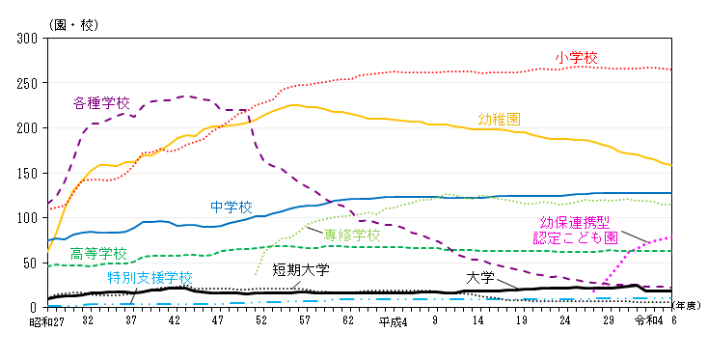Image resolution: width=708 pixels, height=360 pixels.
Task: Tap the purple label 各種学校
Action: click(101, 101)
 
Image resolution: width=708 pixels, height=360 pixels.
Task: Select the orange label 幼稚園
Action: click(500, 119)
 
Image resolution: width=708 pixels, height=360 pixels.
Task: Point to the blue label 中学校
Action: click(231, 207)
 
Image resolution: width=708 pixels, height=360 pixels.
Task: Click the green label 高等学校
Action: click(98, 254)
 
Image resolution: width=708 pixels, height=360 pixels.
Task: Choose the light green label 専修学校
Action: click(352, 235)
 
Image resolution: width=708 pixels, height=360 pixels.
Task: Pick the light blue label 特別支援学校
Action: click(150, 277)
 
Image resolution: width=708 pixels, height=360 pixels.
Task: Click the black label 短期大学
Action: click(300, 268)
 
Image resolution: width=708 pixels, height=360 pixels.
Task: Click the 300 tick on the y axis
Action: click(27, 39)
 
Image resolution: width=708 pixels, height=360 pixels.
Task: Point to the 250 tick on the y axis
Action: click(27, 83)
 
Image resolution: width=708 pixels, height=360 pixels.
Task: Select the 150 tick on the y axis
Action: click(27, 173)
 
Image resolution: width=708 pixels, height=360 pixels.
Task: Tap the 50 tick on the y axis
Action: click(30, 263)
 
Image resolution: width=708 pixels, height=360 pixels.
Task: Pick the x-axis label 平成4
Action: click(393, 320)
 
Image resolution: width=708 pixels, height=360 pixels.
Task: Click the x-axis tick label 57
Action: click(305, 320)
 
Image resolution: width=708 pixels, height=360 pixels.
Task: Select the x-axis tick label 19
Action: click(522, 320)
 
